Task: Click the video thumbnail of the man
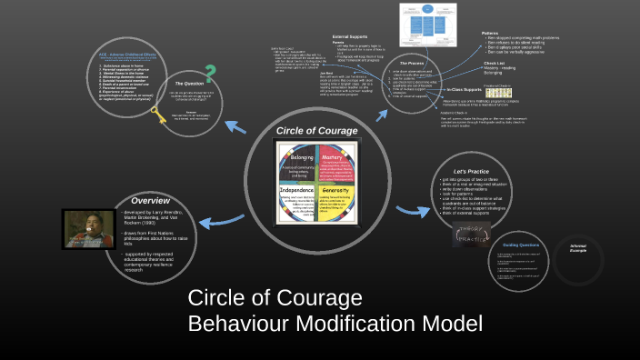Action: pyautogui.click(x=87, y=228)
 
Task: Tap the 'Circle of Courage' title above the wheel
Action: pyautogui.click(x=317, y=131)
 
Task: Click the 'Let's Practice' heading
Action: pyautogui.click(x=473, y=172)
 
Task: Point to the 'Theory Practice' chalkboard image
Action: pyautogui.click(x=473, y=234)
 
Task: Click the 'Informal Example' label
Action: pyautogui.click(x=578, y=247)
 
